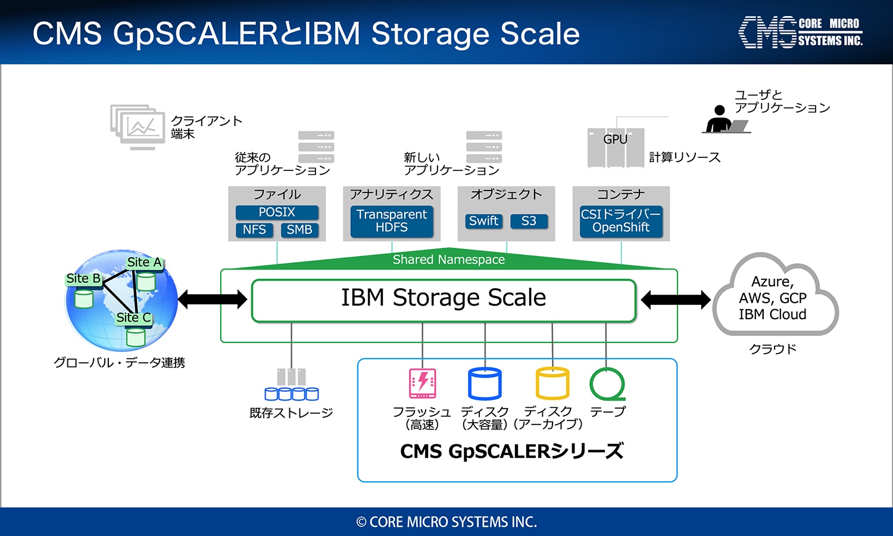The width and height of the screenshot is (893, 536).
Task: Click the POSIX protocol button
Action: tap(277, 212)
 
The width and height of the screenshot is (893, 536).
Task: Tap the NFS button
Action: tap(254, 230)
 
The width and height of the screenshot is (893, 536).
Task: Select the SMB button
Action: tap(299, 230)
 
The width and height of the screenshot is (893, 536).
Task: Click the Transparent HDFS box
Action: tap(392, 221)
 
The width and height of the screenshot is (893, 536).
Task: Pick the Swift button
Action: tap(483, 221)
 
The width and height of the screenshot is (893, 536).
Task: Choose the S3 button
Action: tap(529, 221)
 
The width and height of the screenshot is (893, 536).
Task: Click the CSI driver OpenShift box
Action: tap(621, 221)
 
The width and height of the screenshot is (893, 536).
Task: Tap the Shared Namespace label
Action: tap(448, 260)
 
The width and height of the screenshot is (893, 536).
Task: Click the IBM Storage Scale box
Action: tap(444, 301)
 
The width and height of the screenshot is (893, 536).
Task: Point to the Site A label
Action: tap(144, 263)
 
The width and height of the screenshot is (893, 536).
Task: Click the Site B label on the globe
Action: tap(83, 278)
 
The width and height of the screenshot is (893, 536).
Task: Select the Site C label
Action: tap(133, 318)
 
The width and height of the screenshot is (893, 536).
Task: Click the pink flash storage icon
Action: tap(422, 384)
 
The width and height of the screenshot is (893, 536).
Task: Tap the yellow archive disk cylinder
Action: tap(552, 384)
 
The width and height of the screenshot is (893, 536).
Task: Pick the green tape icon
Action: tap(607, 384)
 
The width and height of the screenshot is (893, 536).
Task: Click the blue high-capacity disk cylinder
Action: tap(485, 384)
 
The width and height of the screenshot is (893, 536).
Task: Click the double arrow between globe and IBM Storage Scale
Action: tap(212, 300)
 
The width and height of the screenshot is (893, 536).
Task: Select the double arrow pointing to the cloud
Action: tap(675, 300)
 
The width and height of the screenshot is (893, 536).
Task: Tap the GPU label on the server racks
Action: tap(615, 139)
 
